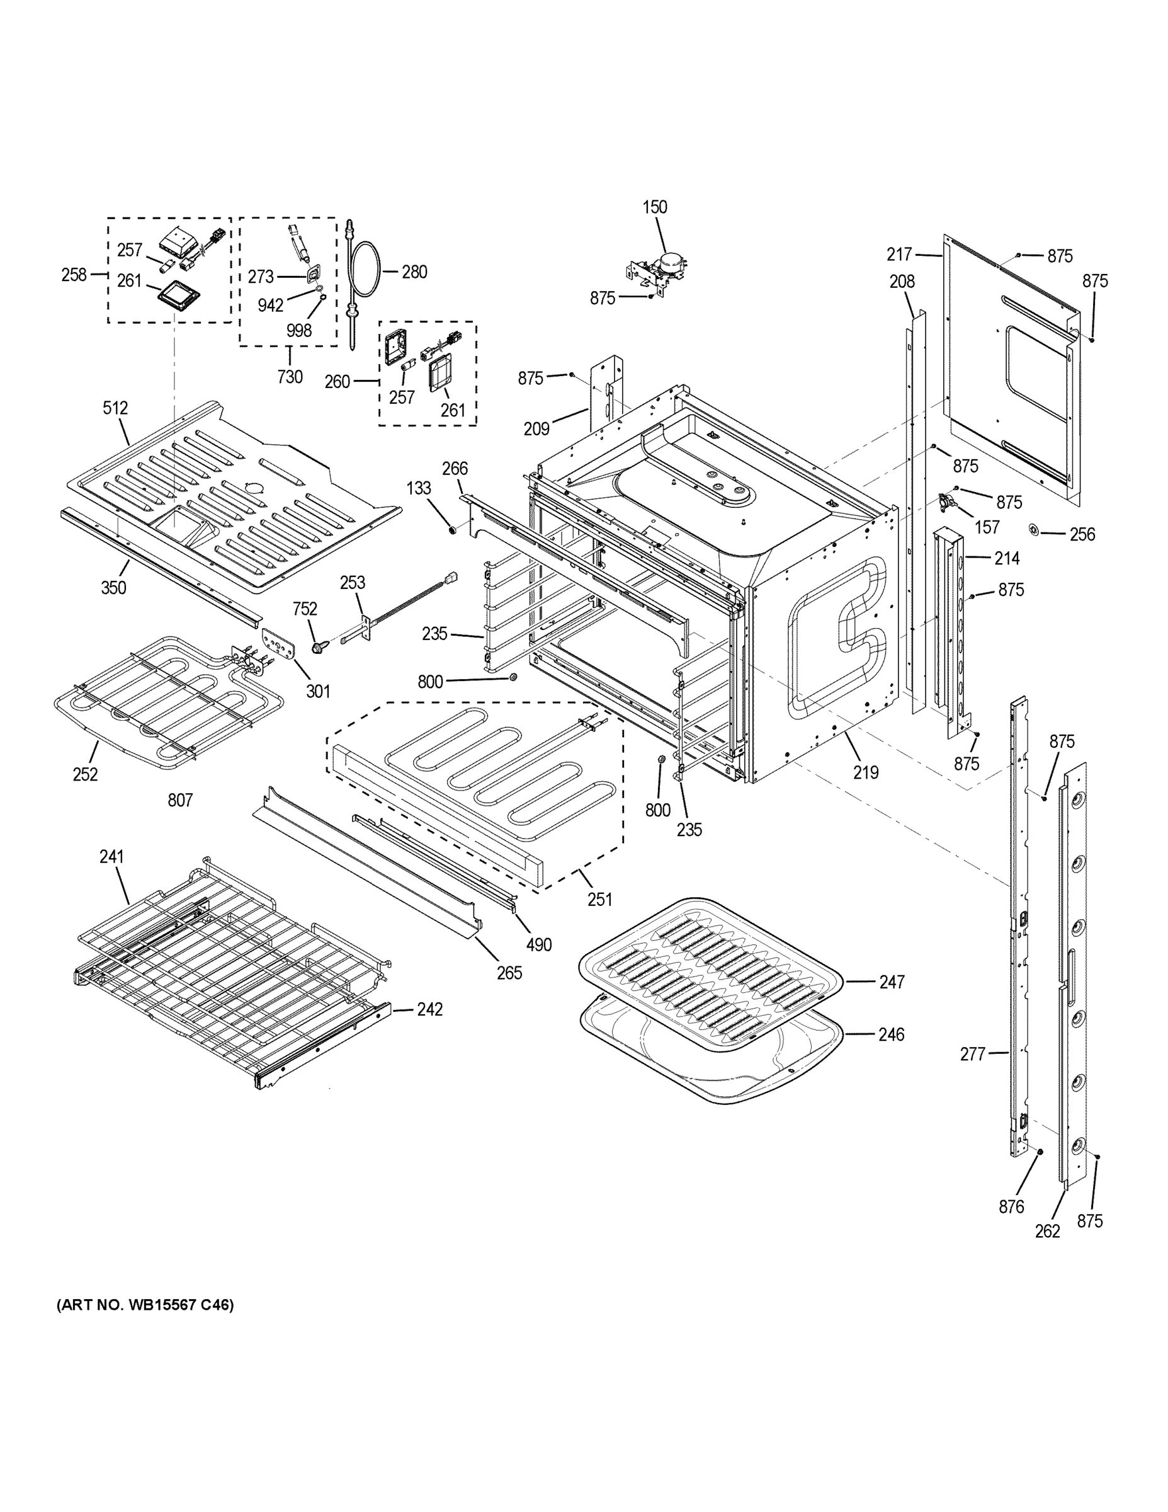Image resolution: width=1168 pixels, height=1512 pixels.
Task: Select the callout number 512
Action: click(116, 408)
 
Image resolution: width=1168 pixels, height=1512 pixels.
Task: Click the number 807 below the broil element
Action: click(180, 800)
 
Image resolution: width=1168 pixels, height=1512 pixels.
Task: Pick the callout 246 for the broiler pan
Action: click(891, 1034)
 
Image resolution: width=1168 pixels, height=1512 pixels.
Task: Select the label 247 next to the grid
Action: click(891, 982)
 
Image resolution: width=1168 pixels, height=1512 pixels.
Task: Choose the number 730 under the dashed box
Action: click(290, 377)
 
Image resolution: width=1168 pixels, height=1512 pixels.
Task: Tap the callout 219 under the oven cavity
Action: click(866, 772)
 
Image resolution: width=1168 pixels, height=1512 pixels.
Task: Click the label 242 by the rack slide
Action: click(429, 1009)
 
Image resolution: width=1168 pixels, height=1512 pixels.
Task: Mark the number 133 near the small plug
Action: click(419, 488)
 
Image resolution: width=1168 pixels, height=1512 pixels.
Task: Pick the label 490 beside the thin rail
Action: click(539, 944)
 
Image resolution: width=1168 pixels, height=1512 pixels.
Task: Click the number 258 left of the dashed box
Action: click(74, 275)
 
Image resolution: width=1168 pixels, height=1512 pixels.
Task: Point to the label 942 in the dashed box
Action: click(271, 306)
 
